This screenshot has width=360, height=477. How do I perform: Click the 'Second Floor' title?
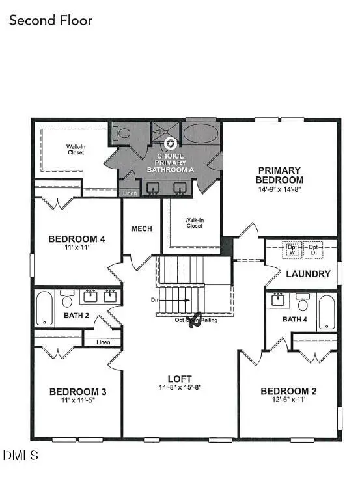pyautogui.click(x=51, y=20)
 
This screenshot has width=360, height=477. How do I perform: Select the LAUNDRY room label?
pyautogui.click(x=308, y=274)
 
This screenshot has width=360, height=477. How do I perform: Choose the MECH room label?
pyautogui.click(x=141, y=228)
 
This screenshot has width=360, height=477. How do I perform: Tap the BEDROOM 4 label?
pyautogui.click(x=77, y=239)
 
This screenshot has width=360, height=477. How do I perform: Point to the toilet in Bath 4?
pyautogui.click(x=303, y=303)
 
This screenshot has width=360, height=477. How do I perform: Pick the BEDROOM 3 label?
pyautogui.click(x=77, y=392)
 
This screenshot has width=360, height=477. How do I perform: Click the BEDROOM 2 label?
pyautogui.click(x=288, y=391)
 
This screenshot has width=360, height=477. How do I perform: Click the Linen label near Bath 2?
pyautogui.click(x=103, y=342)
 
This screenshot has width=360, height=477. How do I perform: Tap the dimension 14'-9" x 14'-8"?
pyautogui.click(x=279, y=189)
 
